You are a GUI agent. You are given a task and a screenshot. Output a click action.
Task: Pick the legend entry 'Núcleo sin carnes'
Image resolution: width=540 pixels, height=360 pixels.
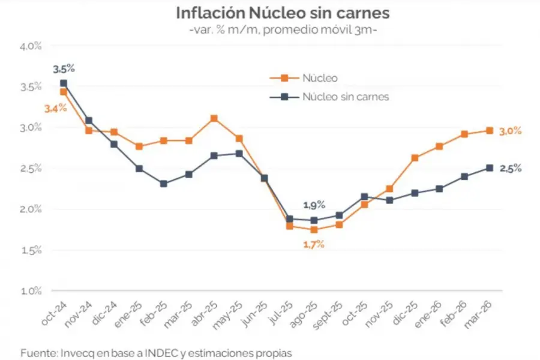346,96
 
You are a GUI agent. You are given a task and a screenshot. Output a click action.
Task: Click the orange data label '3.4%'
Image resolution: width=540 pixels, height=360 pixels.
55,109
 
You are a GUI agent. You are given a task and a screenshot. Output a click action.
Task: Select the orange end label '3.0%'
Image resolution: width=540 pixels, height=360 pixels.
511,131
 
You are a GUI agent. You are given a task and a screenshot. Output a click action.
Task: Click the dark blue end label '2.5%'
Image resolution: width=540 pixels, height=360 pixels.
511,169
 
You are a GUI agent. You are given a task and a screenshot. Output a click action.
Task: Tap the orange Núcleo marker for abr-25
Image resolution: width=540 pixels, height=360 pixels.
214,118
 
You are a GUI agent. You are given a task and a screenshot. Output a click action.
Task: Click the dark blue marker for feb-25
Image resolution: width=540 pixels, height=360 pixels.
164,184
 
